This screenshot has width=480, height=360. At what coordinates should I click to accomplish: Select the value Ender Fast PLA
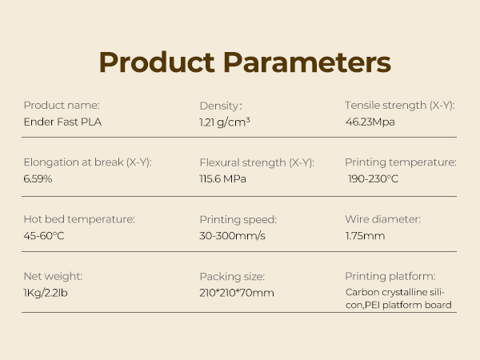(62, 122)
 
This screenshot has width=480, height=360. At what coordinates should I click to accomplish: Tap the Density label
(220, 106)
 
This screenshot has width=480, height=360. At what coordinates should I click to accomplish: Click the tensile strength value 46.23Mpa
(370, 122)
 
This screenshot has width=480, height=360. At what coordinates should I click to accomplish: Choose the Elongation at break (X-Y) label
(87, 162)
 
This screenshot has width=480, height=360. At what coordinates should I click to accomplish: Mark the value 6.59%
(38, 178)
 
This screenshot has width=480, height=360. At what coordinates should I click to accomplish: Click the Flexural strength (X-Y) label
(256, 162)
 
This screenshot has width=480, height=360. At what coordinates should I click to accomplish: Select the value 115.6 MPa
(222, 178)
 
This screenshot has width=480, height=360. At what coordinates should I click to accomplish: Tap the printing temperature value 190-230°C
(373, 178)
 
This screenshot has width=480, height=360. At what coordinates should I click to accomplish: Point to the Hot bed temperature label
(78, 219)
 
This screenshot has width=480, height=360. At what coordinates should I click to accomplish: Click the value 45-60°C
(43, 235)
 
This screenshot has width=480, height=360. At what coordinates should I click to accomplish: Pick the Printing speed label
(238, 219)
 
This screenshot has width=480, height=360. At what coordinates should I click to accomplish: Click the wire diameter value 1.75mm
(365, 235)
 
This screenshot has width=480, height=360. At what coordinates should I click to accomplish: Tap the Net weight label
(53, 276)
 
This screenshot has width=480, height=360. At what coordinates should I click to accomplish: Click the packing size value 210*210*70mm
(236, 292)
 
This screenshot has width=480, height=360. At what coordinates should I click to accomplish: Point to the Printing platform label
(390, 276)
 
